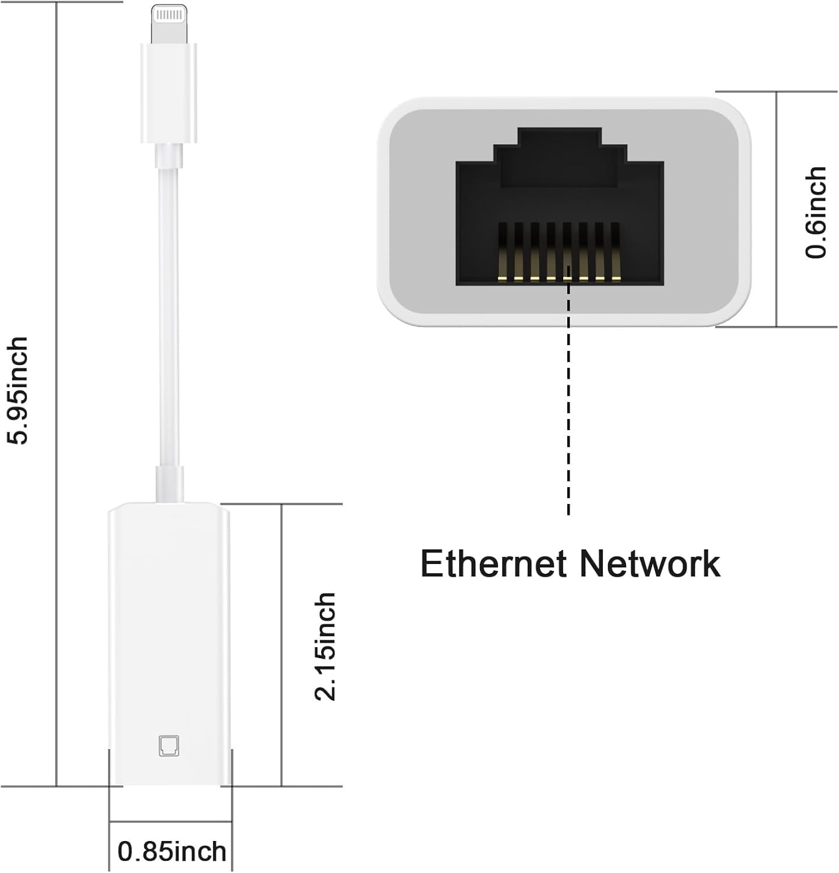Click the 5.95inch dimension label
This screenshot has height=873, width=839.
tap(17, 390)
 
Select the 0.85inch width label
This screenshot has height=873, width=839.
tap(172, 851)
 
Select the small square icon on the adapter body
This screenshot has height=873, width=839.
tap(169, 746)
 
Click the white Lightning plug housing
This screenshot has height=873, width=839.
tap(168, 93)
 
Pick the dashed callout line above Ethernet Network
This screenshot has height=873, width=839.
tap(568, 407)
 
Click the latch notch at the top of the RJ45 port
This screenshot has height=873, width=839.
tap(559, 145)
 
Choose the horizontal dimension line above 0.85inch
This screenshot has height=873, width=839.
tap(170, 822)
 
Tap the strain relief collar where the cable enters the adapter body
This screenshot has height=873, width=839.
tap(169, 483)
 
